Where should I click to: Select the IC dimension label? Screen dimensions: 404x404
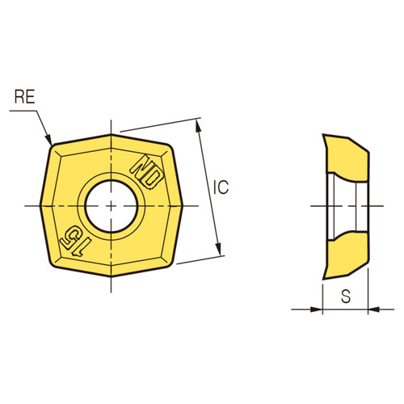(x=221, y=187)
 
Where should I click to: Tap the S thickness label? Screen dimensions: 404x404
(x=346, y=296)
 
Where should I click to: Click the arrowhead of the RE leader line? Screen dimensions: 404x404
(x=49, y=141)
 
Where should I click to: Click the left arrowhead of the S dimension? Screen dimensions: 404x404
(x=318, y=308)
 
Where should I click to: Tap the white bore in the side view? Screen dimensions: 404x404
(x=343, y=205)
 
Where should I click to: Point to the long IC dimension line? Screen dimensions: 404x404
(x=208, y=187)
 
